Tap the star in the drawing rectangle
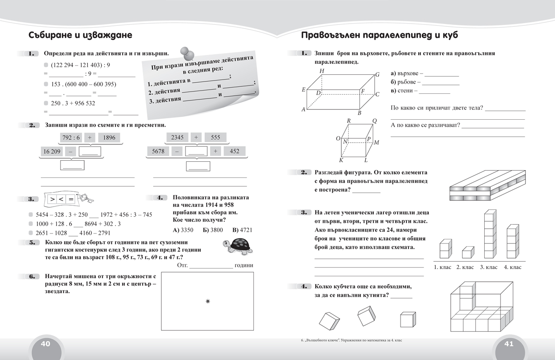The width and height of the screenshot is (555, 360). [207, 301]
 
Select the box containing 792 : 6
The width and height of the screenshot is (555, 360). [71, 137]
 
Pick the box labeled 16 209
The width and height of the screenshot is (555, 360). [52, 151]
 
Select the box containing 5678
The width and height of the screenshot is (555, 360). [158, 151]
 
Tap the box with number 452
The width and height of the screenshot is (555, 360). [234, 151]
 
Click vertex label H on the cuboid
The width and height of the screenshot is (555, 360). [321, 71]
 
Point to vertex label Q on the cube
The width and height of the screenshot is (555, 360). [374, 121]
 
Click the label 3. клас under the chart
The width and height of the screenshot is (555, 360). [488, 267]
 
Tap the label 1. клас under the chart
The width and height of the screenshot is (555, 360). [443, 267]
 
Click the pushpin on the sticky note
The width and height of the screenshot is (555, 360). [186, 53]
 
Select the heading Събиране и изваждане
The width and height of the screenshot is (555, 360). [80, 36]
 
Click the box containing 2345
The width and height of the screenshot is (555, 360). [177, 137]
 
